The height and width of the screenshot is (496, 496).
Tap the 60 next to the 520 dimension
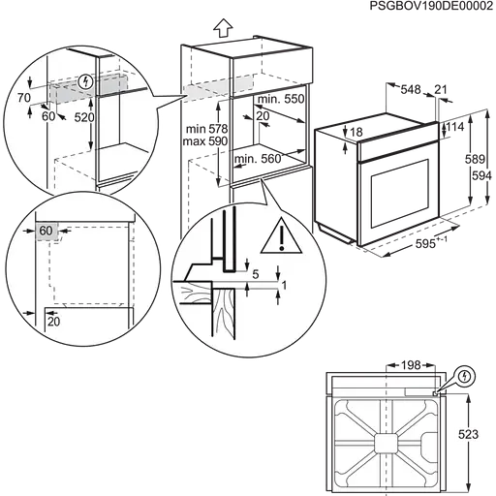49,115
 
